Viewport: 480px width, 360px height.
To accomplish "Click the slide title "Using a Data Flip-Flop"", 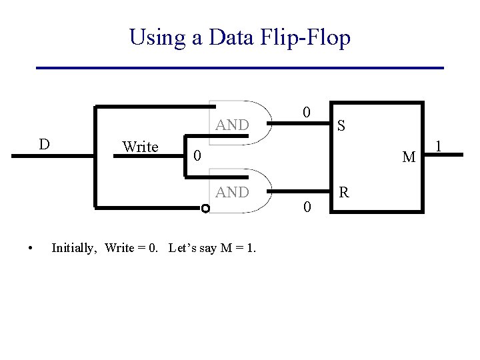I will coord(239,37).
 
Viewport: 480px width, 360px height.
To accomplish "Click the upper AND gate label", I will coord(232,125).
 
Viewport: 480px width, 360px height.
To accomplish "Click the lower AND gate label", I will coord(232,192).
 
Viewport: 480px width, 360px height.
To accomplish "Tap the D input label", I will coord(43,145).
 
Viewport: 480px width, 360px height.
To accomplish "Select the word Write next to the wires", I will coord(140,147).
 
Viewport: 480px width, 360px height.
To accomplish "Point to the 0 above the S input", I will coord(305,112).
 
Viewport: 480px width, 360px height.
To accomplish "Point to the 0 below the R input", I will coord(306,208).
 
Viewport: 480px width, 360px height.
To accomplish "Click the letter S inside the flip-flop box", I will coord(341,125).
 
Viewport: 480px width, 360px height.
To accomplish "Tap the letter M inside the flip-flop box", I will coord(409,157).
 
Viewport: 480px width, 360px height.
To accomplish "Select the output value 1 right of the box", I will coord(439,145).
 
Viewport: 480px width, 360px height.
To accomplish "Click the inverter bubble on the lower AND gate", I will coord(205,209).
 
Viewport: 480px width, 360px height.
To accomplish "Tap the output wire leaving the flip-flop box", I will coord(443,155).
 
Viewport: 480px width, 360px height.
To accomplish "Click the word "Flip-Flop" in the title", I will coord(306,37).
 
